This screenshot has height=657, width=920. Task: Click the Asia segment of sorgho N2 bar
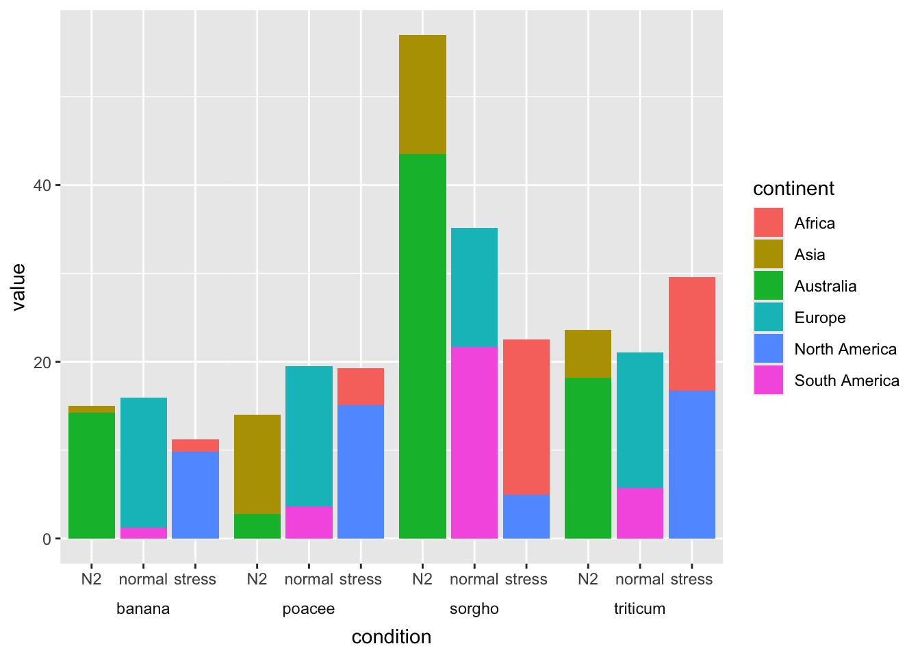tap(422, 94)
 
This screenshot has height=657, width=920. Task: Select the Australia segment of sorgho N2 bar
tap(422, 346)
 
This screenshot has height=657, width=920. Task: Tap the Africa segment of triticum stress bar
tap(691, 334)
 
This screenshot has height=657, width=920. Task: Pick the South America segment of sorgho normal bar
tap(474, 443)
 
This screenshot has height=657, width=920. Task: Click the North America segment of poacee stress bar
tap(360, 472)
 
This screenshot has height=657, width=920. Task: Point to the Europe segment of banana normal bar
tap(143, 463)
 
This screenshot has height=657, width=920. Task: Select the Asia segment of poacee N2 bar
tap(257, 464)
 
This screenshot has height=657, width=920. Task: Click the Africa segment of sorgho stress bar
tap(526, 417)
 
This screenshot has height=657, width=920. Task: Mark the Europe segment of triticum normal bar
tap(639, 420)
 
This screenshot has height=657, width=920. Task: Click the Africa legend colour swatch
tap(768, 223)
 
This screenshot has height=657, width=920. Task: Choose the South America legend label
tap(846, 381)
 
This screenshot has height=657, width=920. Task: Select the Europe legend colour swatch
tap(768, 318)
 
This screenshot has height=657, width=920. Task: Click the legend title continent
tap(793, 189)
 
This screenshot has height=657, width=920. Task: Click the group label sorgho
tap(474, 609)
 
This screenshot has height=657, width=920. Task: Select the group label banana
tap(143, 609)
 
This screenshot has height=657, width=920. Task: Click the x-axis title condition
tap(391, 637)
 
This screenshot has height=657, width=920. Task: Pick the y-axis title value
tap(18, 287)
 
